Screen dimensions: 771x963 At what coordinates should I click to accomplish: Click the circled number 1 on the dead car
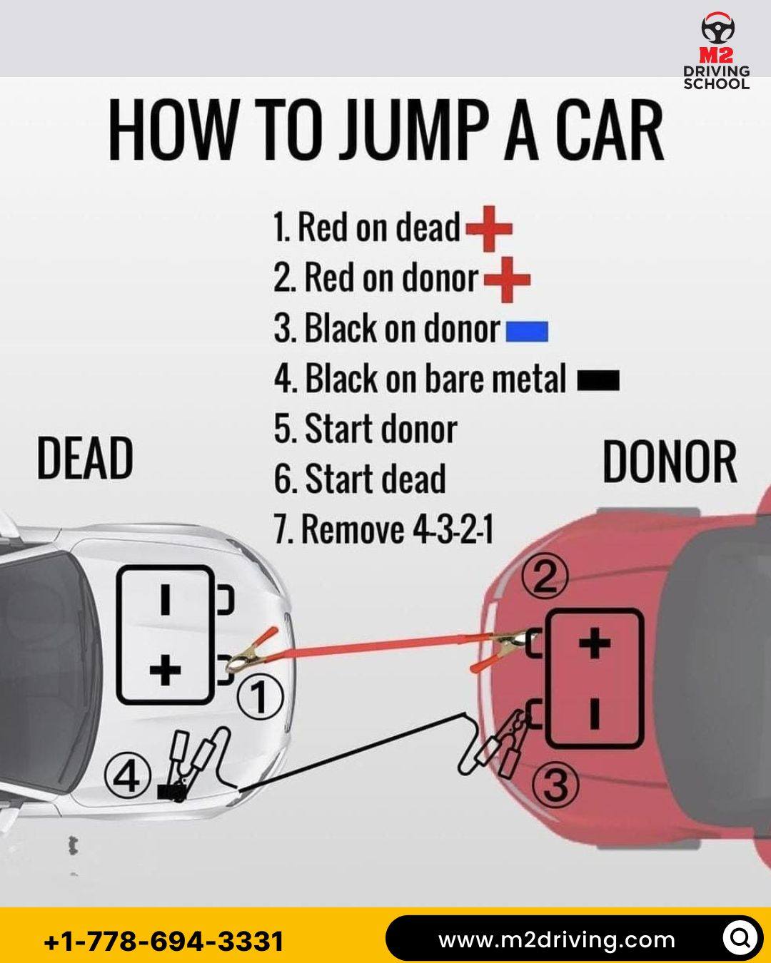tap(260, 697)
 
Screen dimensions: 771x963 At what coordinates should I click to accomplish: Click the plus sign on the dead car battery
tap(165, 669)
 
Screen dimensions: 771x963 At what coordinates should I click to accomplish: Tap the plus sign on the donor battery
tap(595, 643)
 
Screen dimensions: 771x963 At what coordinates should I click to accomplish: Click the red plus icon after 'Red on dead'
tap(489, 228)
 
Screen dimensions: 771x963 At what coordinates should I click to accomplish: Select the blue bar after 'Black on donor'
tap(527, 332)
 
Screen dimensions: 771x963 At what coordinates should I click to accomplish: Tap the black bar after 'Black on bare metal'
tap(598, 380)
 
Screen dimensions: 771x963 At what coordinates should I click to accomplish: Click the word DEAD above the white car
tap(85, 458)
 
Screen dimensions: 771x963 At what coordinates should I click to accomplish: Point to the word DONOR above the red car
tap(670, 462)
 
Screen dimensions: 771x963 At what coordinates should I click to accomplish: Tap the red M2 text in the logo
tap(717, 56)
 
